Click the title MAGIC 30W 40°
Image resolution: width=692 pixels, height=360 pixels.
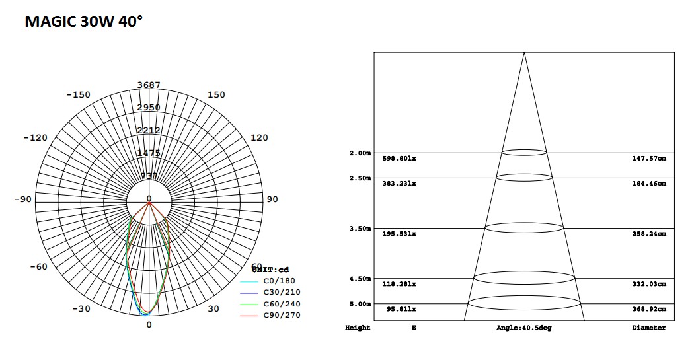pyautogui.click(x=84, y=22)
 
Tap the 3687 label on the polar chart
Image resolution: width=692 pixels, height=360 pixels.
pyautogui.click(x=149, y=85)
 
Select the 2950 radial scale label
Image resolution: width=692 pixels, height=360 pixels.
pyautogui.click(x=149, y=108)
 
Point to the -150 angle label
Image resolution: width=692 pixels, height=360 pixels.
pyautogui.click(x=79, y=95)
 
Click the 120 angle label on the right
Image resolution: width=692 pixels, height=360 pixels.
pyautogui.click(x=259, y=138)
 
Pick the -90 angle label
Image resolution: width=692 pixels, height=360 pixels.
pyautogui.click(x=23, y=199)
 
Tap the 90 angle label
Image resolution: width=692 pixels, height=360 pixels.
pyautogui.click(x=272, y=199)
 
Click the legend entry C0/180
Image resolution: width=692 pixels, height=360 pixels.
pyautogui.click(x=281, y=281)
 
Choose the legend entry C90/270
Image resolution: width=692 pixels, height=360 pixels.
pyautogui.click(x=282, y=315)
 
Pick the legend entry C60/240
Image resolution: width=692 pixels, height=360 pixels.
pyautogui.click(x=282, y=304)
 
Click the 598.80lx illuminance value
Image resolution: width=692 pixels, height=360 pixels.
pyautogui.click(x=399, y=159)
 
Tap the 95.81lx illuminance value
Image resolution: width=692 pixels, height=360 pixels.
pyautogui.click(x=399, y=309)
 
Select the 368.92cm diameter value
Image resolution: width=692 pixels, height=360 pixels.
pyautogui.click(x=649, y=309)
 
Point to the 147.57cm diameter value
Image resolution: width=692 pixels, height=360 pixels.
pyautogui.click(x=649, y=159)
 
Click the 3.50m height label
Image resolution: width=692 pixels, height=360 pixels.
pyautogui.click(x=360, y=229)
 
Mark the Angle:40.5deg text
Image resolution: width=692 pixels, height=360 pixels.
pyautogui.click(x=523, y=328)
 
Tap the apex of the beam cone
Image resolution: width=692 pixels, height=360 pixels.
pyautogui.click(x=524, y=52)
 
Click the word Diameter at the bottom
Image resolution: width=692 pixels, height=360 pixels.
pyautogui.click(x=649, y=328)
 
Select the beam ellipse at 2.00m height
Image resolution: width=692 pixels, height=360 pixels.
pyautogui.click(x=524, y=153)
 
